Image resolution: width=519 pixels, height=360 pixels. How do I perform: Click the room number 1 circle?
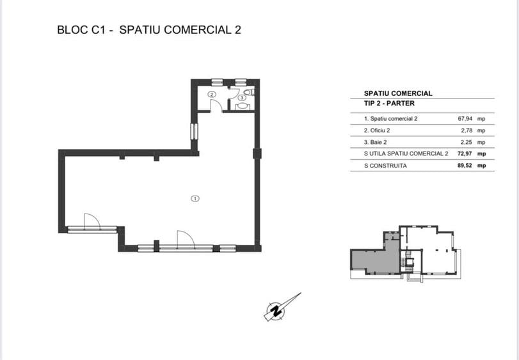(195, 199)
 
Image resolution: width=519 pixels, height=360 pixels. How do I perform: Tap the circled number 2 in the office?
(212, 94)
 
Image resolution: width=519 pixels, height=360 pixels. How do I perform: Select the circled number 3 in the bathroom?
(242, 98)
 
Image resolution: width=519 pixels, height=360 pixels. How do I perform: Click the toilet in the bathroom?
(249, 91)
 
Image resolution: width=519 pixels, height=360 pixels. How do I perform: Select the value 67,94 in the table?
(465, 119)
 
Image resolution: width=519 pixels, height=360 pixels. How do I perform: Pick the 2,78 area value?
(467, 130)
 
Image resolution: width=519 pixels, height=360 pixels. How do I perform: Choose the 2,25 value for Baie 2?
(467, 142)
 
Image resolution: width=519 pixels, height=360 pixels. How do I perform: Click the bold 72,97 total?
(465, 153)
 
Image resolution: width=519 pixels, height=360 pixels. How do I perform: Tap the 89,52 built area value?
(465, 166)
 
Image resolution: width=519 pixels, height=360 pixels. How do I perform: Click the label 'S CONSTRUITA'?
(385, 166)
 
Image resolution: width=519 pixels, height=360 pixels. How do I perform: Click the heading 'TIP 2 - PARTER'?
(389, 104)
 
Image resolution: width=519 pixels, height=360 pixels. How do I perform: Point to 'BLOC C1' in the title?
(81, 30)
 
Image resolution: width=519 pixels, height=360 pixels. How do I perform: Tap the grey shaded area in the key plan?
(376, 260)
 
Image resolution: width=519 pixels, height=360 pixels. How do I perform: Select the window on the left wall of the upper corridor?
(194, 131)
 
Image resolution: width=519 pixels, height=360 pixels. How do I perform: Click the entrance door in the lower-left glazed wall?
(92, 221)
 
